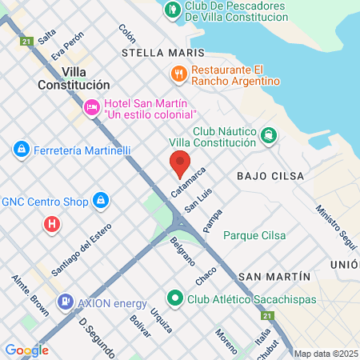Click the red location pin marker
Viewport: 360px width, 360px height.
pos(180,162)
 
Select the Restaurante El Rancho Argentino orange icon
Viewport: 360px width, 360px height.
pos(178,74)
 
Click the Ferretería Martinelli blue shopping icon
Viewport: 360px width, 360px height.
pos(21,149)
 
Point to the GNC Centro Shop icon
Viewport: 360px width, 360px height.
pos(101,200)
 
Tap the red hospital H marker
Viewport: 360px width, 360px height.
pos(52,225)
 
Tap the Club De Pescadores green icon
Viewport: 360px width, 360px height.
pos(172,10)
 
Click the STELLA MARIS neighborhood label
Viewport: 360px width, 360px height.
pos(163,53)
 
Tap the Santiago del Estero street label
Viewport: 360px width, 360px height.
pos(77,256)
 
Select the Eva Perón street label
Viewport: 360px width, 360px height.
pos(67,47)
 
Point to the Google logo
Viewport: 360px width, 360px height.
pos(26,350)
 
